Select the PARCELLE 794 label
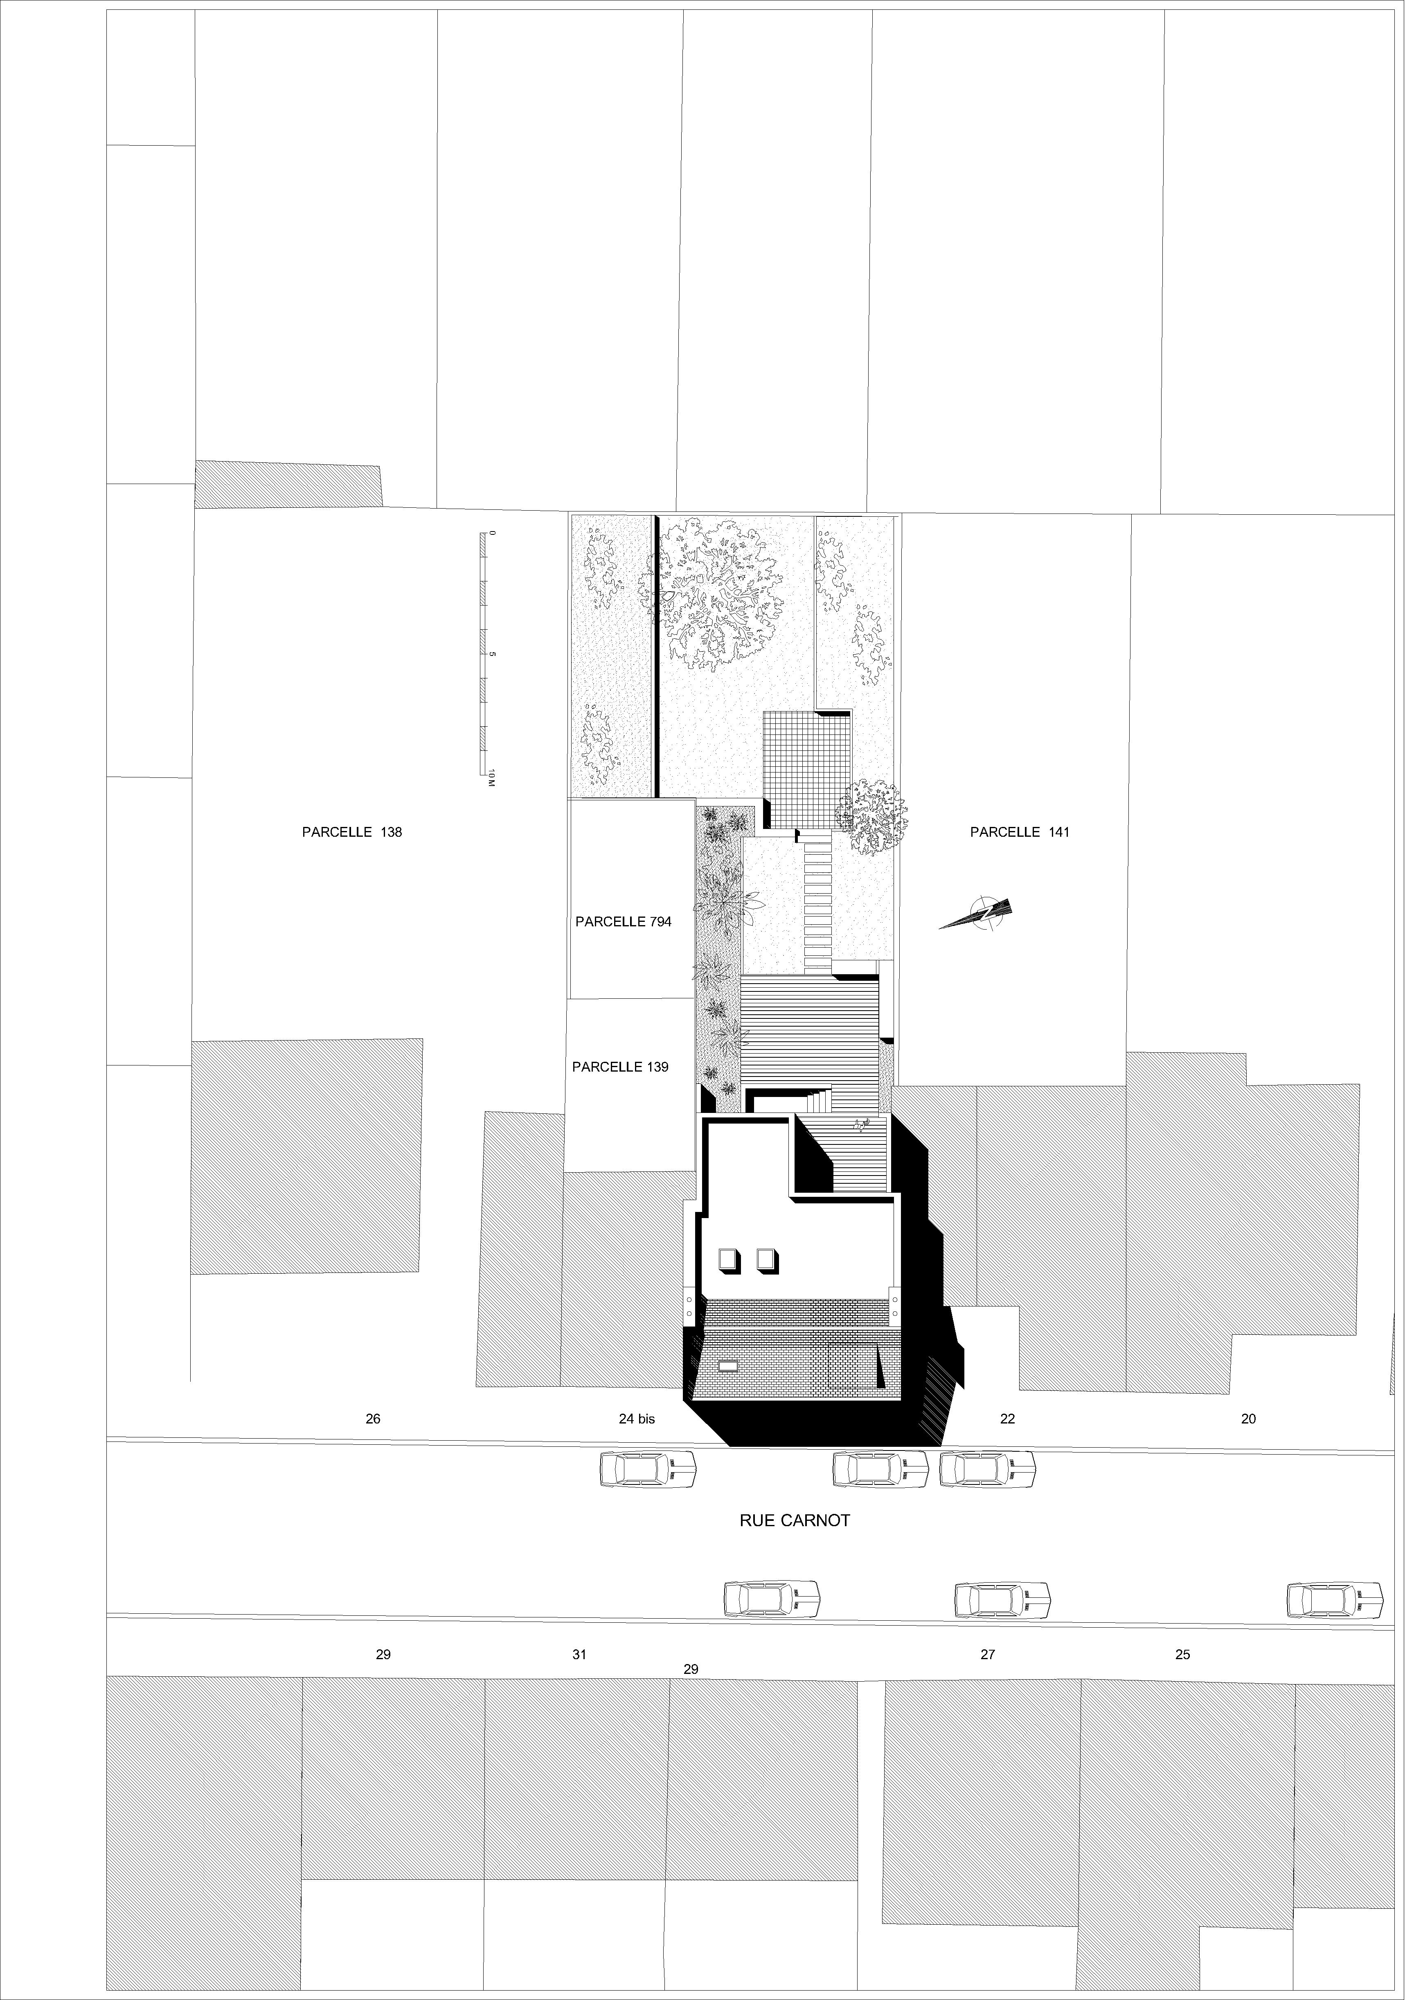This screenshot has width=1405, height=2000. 623,921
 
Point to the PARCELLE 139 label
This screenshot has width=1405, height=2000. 620,1067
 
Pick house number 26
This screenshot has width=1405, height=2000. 373,1419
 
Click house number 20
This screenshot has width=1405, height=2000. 1248,1419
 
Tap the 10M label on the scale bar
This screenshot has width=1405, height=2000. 491,778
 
